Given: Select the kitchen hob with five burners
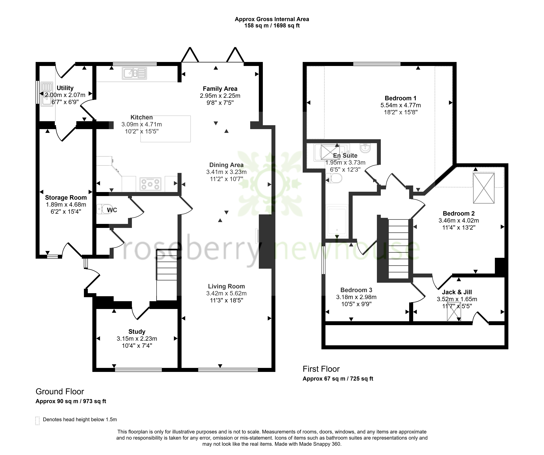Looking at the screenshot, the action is [x=150, y=184].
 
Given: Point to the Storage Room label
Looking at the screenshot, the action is [x=66, y=198].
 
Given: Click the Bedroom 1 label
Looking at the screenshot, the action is [x=401, y=98].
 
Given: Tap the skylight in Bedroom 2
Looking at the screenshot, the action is [x=484, y=188].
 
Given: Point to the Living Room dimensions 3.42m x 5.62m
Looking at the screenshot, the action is [x=226, y=293].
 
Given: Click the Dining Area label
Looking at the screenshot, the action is [x=226, y=165].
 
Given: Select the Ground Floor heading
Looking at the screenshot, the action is [x=60, y=391].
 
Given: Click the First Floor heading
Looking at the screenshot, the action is [x=321, y=369].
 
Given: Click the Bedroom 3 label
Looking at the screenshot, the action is [x=356, y=290].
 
